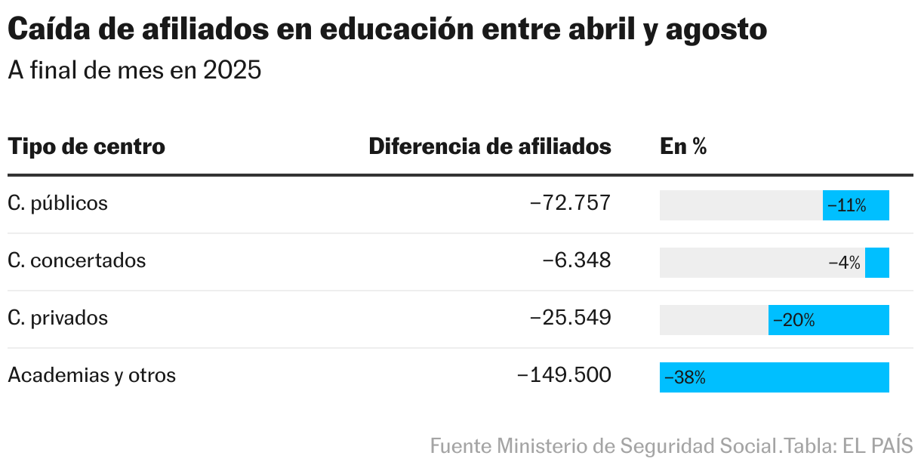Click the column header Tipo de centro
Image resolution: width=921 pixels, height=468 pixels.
tap(86, 146)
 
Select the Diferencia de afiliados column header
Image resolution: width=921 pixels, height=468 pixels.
tap(489, 146)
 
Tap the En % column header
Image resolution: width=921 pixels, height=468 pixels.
tap(683, 146)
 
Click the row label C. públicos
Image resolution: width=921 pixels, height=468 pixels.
tap(57, 203)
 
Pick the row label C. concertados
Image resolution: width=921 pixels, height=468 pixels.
tap(76, 260)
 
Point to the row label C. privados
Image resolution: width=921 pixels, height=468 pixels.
tap(57, 318)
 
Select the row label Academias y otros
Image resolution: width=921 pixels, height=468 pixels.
tap(91, 375)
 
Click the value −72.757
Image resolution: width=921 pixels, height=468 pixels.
tap(570, 203)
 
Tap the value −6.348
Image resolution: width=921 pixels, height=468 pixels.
tap(577, 260)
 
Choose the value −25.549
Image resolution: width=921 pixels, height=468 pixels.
tap(570, 318)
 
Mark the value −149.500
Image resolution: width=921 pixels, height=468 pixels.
tap(564, 375)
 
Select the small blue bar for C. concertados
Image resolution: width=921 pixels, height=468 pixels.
tap(877, 263)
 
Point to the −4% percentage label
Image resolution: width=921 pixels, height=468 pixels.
tap(844, 263)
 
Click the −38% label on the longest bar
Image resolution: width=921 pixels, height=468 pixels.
tap(685, 377)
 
